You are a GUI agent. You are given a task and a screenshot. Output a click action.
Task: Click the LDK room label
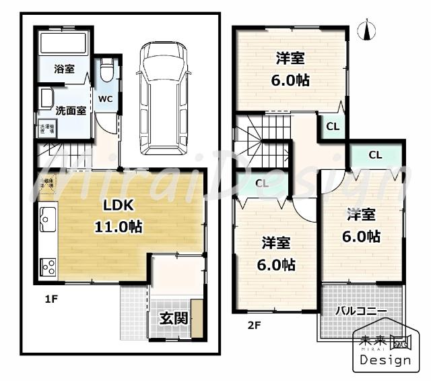click(121, 206)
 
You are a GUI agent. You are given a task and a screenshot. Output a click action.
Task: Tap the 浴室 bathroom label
click(64, 69)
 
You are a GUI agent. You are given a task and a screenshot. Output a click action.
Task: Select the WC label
click(106, 98)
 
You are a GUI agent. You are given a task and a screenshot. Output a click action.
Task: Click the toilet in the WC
click(106, 69)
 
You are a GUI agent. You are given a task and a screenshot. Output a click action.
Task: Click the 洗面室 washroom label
click(70, 111)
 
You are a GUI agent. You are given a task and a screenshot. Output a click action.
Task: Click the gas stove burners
click(48, 266)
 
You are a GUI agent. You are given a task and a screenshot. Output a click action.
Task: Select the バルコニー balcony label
click(361, 312)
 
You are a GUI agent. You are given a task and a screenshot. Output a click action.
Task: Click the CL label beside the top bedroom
click(333, 127)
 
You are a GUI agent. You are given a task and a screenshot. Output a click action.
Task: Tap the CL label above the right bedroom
click(375, 155)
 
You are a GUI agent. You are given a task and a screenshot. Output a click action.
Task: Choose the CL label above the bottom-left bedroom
click(262, 183)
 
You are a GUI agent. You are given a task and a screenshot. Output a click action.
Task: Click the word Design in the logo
click(385, 359)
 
